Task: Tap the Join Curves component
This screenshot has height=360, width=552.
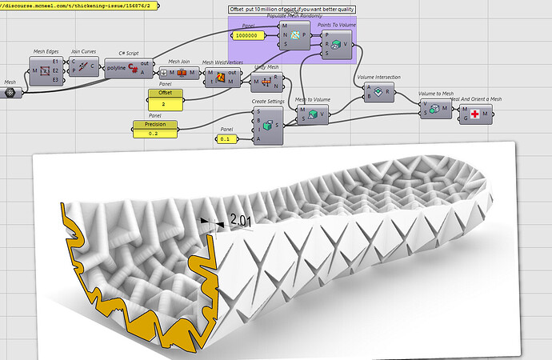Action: point(84,68)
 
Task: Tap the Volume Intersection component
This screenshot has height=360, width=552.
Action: point(378,92)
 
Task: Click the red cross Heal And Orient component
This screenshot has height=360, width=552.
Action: point(476,114)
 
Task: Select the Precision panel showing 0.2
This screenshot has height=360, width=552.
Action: point(154,128)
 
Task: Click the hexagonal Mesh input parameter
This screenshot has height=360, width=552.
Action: point(10,92)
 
